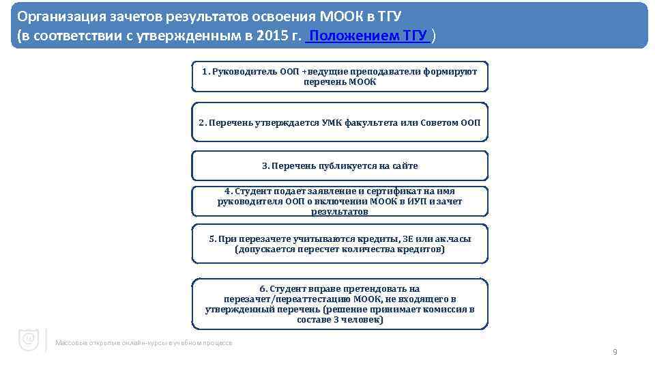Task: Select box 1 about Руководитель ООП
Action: [x=340, y=77]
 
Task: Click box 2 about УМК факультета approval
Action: [x=340, y=123]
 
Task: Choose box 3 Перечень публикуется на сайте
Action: [x=340, y=166]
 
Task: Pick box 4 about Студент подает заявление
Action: [x=340, y=202]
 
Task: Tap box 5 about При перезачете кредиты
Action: [x=340, y=244]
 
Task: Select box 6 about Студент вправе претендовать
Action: [x=340, y=303]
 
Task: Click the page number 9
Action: [x=615, y=352]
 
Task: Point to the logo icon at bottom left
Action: [x=29, y=340]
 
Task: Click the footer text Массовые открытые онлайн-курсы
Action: [x=144, y=342]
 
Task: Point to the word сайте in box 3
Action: [x=405, y=166]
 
